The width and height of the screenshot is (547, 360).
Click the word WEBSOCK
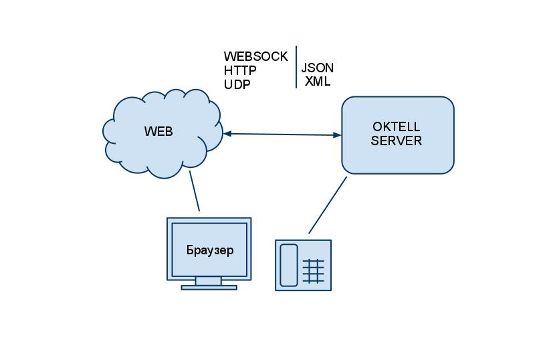pos(255,56)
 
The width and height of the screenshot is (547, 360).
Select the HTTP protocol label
pos(240,70)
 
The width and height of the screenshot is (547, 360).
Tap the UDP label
pos(237,85)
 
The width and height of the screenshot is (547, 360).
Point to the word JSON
pos(317,68)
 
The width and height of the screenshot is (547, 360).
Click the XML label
pos(318,82)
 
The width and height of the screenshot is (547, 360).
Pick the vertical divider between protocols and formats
pos(296,67)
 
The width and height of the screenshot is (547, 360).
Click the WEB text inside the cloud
pos(158,132)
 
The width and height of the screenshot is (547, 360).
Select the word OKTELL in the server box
pos(397,127)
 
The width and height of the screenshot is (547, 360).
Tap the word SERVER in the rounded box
pos(397,141)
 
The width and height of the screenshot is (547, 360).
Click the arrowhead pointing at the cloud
pos(227,134)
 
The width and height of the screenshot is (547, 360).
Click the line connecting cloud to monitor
pos(195,191)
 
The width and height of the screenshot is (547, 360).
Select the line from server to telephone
pos(328,205)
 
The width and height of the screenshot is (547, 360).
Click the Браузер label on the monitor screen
pos(210,251)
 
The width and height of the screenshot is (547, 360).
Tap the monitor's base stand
pos(209,288)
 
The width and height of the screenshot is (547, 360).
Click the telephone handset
pos(288,265)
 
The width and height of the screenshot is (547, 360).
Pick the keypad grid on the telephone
pos(314,272)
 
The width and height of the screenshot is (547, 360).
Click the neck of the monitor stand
pos(209,281)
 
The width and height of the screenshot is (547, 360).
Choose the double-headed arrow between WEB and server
pos(282,134)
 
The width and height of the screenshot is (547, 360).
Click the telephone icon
pos(303,265)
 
